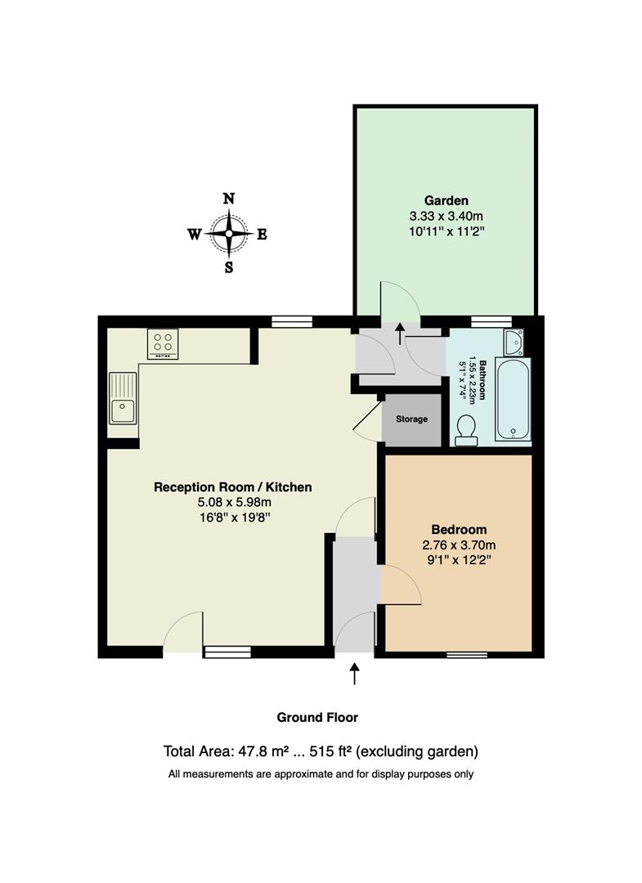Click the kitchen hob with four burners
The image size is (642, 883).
pos(164,343)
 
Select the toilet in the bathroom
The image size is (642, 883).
pos(466,431)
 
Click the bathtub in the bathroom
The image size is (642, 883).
pos(513,399)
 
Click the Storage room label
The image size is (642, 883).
pos(411,419)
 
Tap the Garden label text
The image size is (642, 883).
pos(446,200)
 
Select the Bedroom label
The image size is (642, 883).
pos(459,529)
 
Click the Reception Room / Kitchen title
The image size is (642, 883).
pos(232,487)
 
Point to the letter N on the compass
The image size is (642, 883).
pos(229,198)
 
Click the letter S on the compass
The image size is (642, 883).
pos(229,267)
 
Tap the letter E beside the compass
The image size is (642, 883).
pos(262,235)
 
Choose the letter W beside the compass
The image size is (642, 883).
pos(195,235)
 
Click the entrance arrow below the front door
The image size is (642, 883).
pos(355,674)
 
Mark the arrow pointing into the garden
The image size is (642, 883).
pos(401,333)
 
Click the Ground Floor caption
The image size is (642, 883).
pos(317,718)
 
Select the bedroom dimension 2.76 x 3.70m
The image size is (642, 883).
pos(459,545)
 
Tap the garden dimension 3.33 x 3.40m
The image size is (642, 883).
pos(446,216)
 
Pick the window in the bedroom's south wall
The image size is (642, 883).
pos(467,654)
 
